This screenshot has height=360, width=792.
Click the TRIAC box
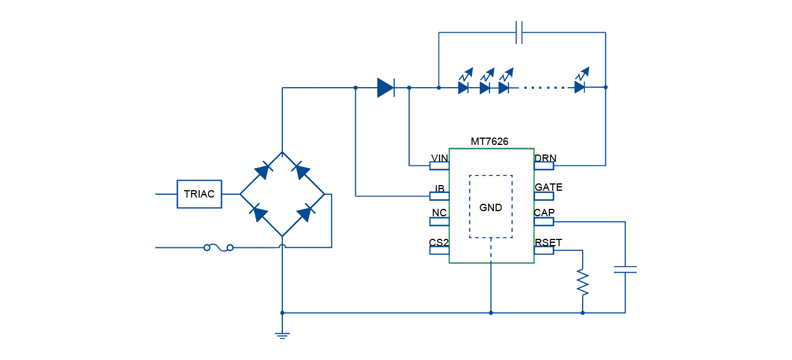199,194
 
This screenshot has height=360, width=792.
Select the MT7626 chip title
489,142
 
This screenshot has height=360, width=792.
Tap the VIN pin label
440,158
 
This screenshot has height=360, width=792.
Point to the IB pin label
440,188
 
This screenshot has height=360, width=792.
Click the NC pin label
440,213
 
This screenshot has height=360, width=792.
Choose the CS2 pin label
438,243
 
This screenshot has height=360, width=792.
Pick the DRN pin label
545,158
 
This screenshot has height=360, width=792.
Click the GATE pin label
548,187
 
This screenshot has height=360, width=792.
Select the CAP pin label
544,213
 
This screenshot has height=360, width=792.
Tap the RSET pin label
548,243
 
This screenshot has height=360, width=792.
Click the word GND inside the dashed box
490,208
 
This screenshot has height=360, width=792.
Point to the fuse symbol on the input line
218,247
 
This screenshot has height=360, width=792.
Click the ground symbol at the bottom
282,335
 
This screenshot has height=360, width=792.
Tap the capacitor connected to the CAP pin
625,269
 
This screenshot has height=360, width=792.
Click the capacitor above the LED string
519,32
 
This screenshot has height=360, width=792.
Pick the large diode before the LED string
385,88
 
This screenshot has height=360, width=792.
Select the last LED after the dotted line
580,87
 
